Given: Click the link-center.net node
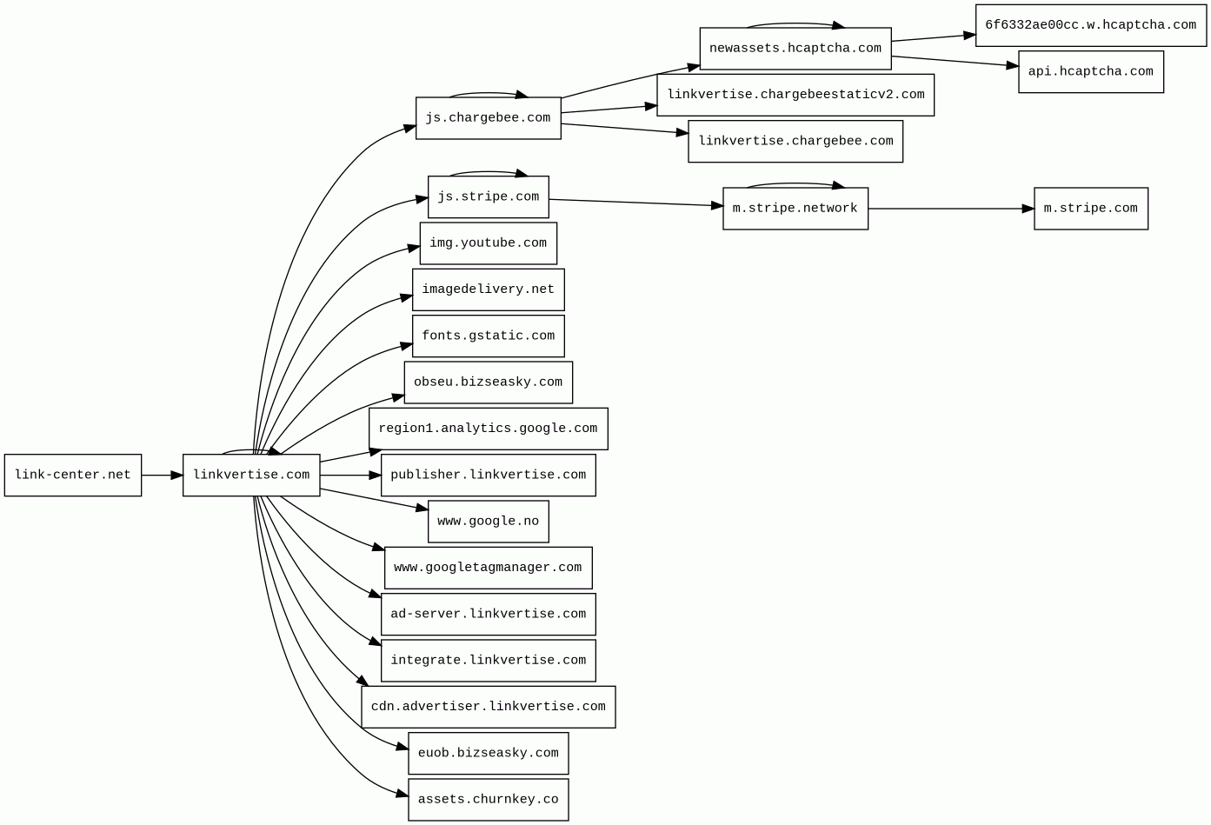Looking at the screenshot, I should tap(73, 476).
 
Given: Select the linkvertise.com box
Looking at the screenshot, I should tap(251, 476).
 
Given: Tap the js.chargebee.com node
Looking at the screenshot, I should tap(488, 118).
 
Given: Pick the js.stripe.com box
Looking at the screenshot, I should tap(488, 197).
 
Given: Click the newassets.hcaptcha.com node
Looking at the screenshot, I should tap(795, 49).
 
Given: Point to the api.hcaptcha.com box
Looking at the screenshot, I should tap(1090, 72).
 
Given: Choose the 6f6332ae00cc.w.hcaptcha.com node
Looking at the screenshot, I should tap(1090, 25).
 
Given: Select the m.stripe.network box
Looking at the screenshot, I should tap(795, 209).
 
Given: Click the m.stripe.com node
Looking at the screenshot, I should tap(1090, 209).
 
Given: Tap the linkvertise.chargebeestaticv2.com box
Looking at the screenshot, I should tap(795, 95).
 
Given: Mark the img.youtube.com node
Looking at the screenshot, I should tap(488, 243).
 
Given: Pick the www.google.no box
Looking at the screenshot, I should tap(488, 522).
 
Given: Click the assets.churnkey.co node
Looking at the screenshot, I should tap(488, 800).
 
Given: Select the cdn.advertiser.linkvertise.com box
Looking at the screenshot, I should tap(488, 707).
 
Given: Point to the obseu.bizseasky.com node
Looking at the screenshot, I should tap(488, 383).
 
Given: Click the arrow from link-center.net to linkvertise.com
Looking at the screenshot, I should tap(162, 476).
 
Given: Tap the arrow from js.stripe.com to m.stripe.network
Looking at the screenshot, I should tap(635, 203).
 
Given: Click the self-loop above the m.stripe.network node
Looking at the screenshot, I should tap(795, 183).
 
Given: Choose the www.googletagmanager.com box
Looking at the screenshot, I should tap(488, 568).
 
